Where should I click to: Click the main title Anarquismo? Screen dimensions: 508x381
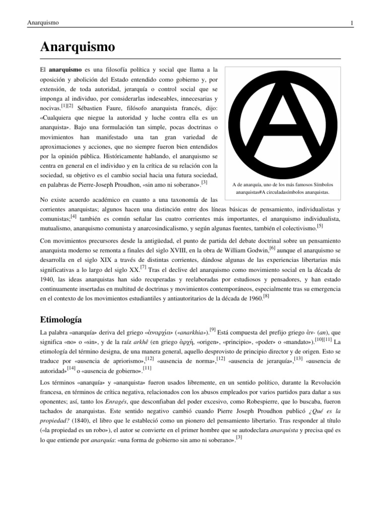(x=77, y=48)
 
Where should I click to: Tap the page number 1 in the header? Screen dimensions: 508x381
(x=351, y=23)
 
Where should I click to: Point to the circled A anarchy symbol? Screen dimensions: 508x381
(x=280, y=121)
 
